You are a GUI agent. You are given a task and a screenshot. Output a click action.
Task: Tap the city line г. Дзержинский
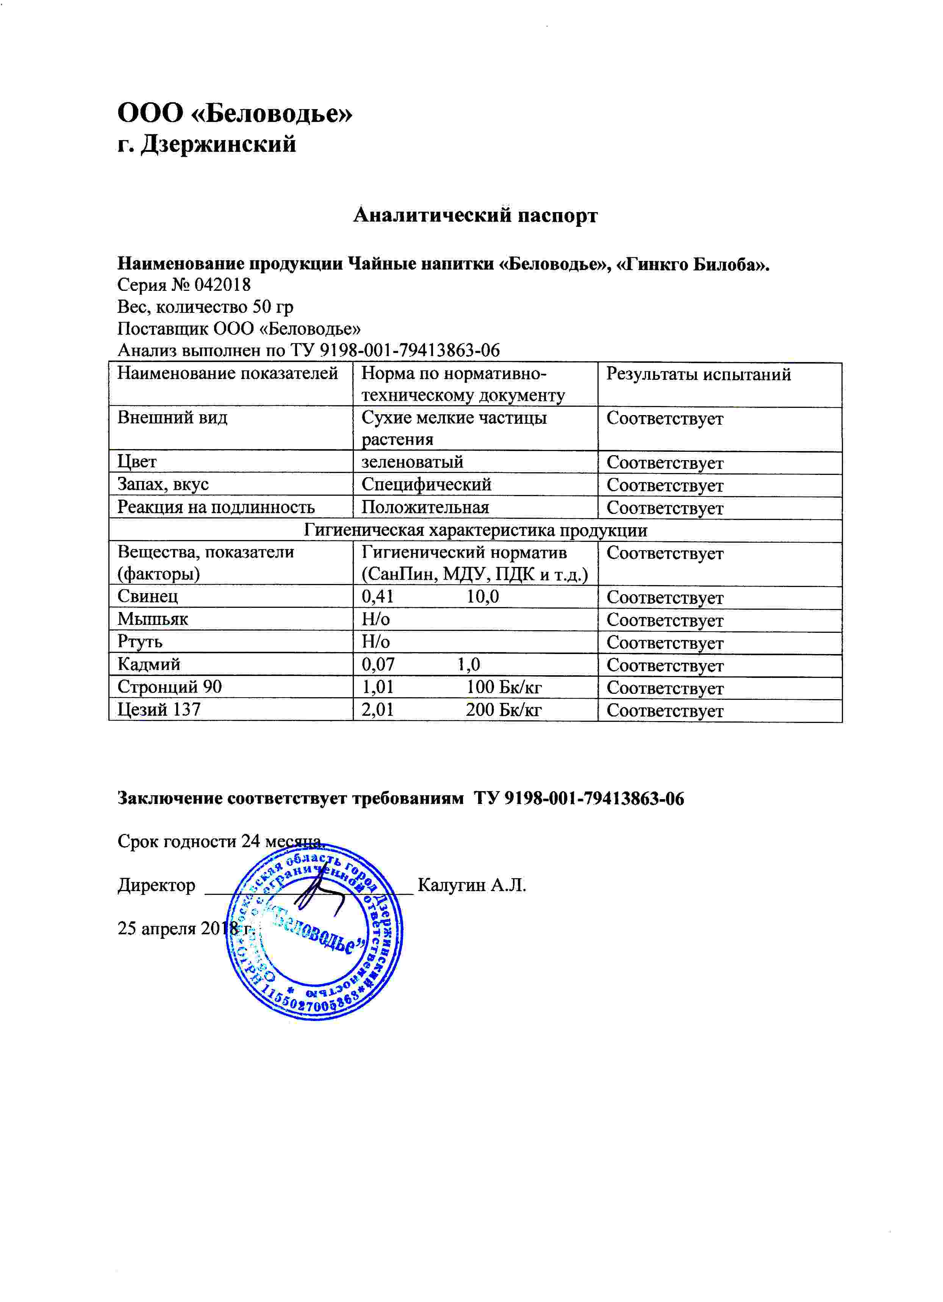207,144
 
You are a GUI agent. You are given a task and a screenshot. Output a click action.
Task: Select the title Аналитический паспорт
475,215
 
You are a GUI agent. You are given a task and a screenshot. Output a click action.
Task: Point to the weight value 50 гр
273,306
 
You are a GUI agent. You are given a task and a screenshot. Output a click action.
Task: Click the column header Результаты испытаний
698,374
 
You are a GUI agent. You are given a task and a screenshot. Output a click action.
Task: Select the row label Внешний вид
172,417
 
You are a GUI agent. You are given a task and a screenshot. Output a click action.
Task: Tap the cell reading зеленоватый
412,462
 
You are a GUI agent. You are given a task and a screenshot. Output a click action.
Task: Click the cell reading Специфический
426,484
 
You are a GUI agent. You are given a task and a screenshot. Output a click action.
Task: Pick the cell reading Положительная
425,507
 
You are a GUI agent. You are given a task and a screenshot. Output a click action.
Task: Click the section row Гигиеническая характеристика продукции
475,530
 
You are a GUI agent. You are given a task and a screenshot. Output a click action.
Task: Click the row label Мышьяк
153,619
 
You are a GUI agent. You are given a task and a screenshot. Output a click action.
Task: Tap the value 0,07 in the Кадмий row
378,665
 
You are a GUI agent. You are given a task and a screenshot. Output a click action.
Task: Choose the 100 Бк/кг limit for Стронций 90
503,687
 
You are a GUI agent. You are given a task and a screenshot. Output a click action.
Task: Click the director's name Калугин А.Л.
471,885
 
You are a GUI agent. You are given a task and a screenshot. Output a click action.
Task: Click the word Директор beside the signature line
156,885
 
